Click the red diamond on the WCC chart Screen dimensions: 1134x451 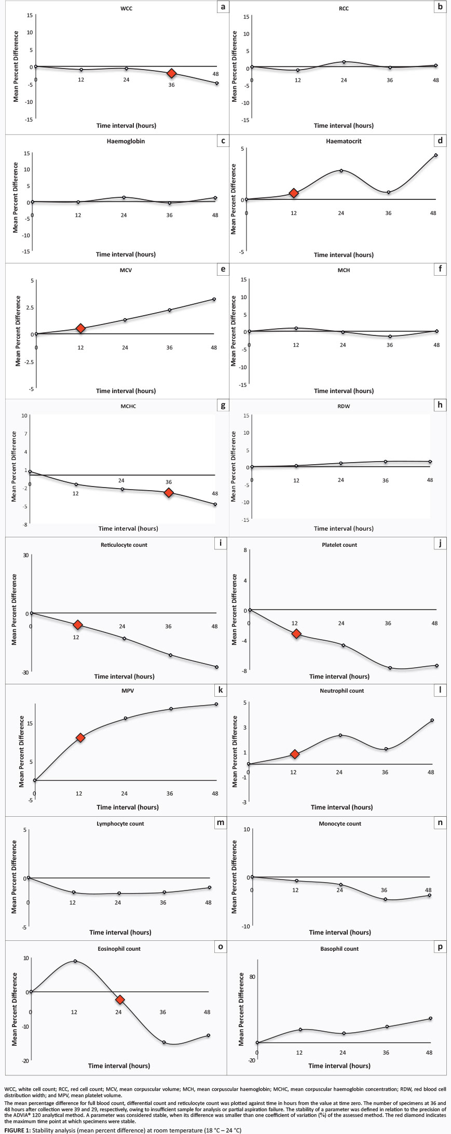(x=172, y=74)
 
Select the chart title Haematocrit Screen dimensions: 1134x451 (x=344, y=141)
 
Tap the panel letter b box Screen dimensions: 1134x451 (x=440, y=7)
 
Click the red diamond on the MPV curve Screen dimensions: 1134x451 (x=80, y=738)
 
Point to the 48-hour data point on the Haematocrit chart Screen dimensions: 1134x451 (x=436, y=155)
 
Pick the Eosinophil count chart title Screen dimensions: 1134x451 (x=119, y=949)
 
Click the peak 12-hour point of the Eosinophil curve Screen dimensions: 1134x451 (x=75, y=961)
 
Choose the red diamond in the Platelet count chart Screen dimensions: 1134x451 (x=296, y=634)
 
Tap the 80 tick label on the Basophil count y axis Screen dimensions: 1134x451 (x=252, y=977)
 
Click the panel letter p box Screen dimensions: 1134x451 (x=440, y=947)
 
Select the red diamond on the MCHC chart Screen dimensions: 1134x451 (x=169, y=492)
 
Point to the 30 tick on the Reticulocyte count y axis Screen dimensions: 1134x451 (x=25, y=555)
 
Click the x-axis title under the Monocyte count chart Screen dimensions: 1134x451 (x=340, y=932)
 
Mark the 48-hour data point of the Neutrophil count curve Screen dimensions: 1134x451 (x=432, y=720)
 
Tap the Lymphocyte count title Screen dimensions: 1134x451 (x=120, y=824)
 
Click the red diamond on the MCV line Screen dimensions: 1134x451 (x=80, y=328)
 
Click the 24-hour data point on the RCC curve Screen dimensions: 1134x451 (x=344, y=62)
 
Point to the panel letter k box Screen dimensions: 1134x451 (x=221, y=690)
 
